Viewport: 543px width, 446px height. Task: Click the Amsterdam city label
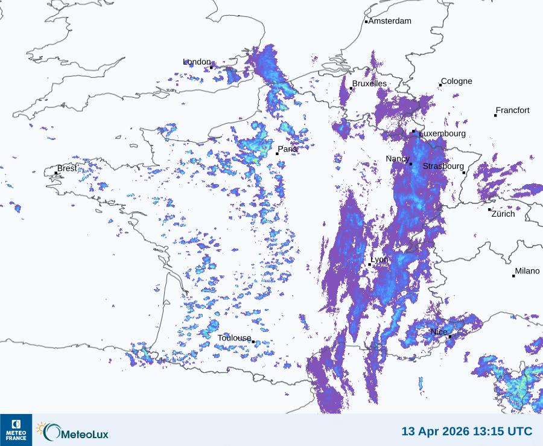(390, 21)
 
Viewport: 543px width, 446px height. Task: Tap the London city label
(197, 62)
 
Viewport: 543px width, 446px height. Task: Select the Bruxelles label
(370, 84)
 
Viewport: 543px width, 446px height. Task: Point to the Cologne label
(457, 81)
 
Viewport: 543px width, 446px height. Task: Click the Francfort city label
(512, 110)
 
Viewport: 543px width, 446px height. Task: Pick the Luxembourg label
(442, 133)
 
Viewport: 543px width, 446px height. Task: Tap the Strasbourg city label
(443, 166)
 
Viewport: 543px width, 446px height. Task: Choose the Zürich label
(503, 214)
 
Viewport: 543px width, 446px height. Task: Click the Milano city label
(527, 271)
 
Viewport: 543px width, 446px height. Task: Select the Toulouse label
(234, 338)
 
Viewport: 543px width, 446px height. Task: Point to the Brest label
(67, 168)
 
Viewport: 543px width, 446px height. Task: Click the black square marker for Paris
(277, 154)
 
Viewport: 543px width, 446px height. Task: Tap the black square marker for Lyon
(370, 264)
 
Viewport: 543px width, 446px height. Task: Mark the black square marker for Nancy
(411, 164)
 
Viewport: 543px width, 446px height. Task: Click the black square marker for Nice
(449, 336)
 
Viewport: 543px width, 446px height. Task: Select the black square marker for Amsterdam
(366, 22)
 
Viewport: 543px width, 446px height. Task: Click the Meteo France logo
(16, 430)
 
